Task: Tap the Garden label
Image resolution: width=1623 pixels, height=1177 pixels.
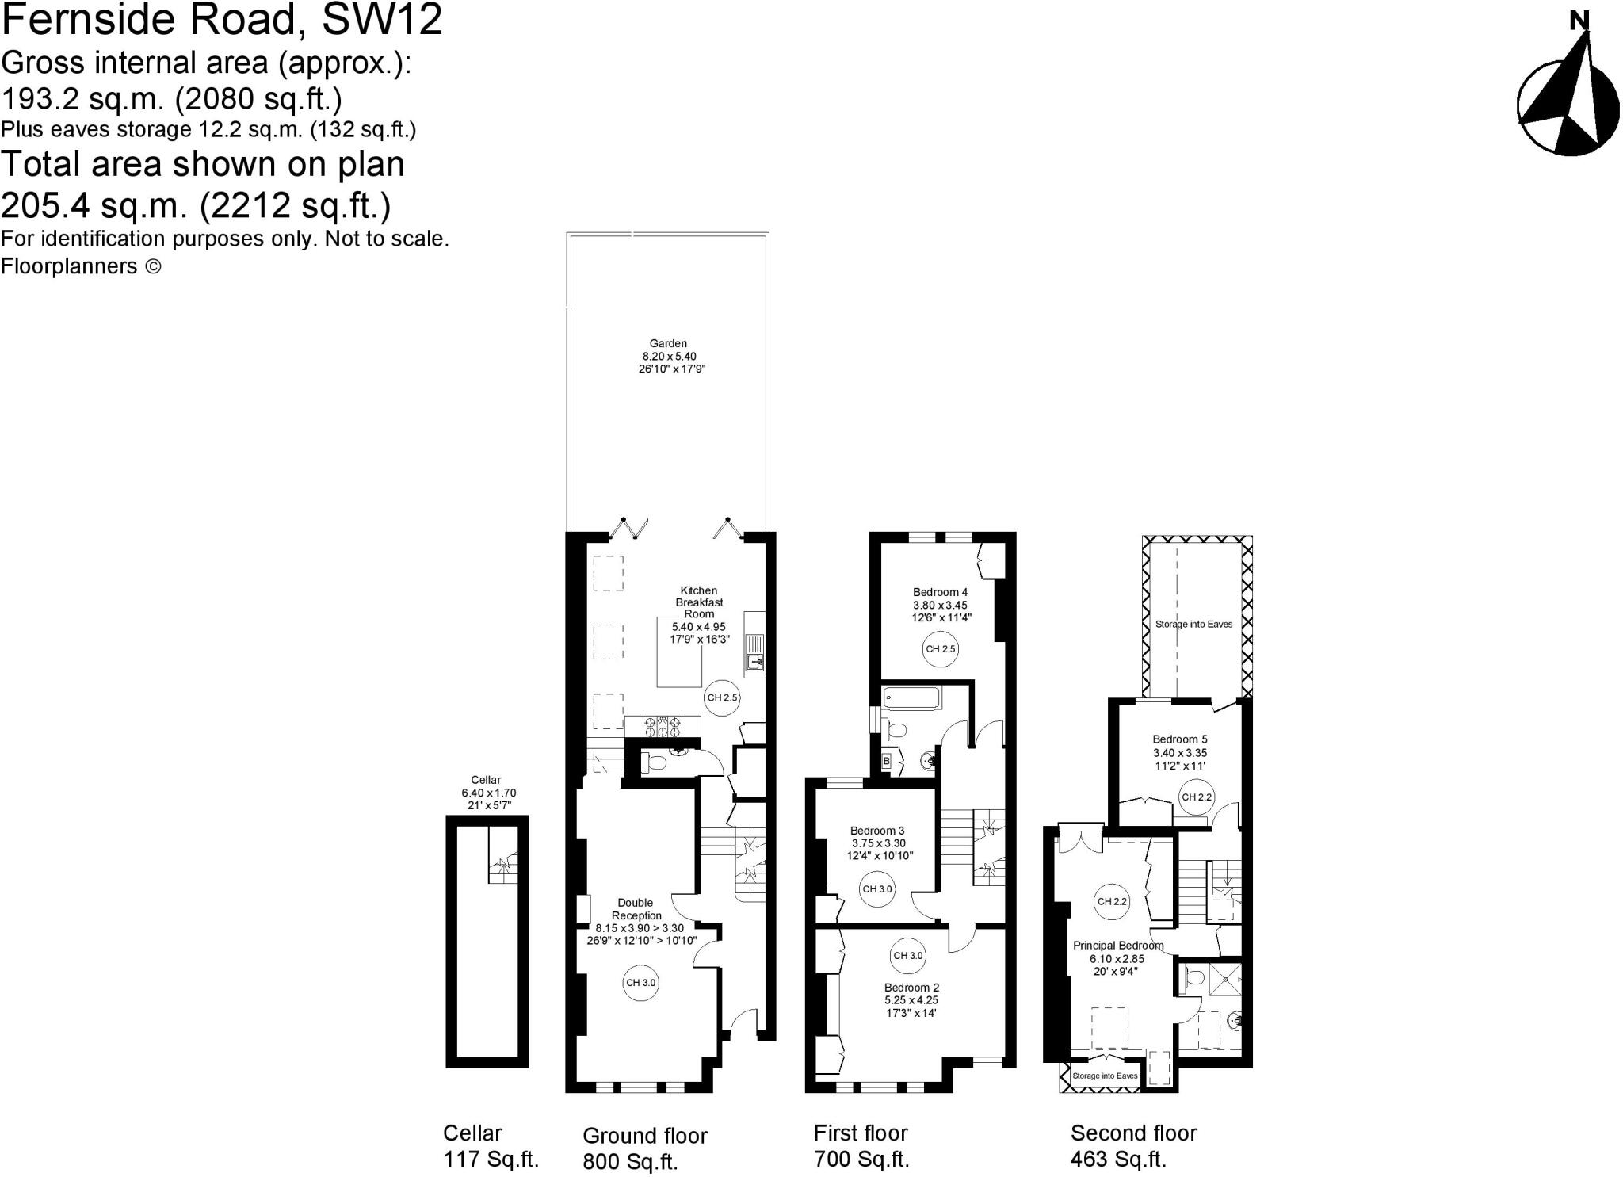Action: (x=668, y=343)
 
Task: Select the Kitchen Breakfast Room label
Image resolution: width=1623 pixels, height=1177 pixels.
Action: (x=699, y=602)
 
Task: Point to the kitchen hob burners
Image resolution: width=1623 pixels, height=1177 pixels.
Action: (x=663, y=726)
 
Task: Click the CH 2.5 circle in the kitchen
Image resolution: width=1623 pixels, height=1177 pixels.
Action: (x=722, y=697)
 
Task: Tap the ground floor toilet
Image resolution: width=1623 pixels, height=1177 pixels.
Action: (x=655, y=763)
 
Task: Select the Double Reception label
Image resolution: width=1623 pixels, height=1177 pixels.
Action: (x=636, y=908)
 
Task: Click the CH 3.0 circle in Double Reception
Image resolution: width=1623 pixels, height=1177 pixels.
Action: (x=641, y=982)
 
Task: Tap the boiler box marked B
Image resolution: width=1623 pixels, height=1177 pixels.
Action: (x=887, y=761)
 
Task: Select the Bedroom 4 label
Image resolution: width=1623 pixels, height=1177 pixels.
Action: (x=940, y=592)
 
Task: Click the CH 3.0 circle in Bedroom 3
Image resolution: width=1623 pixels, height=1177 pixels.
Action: (x=876, y=888)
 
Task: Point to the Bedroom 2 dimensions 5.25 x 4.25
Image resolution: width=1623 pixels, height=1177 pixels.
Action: (x=911, y=1000)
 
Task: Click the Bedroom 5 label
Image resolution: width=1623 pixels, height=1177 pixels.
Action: (x=1180, y=739)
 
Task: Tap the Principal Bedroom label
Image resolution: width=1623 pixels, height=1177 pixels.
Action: (x=1117, y=945)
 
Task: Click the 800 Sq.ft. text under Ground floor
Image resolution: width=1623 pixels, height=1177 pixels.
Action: (x=630, y=1161)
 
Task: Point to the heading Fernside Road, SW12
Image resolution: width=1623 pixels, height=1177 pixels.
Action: (x=222, y=20)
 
